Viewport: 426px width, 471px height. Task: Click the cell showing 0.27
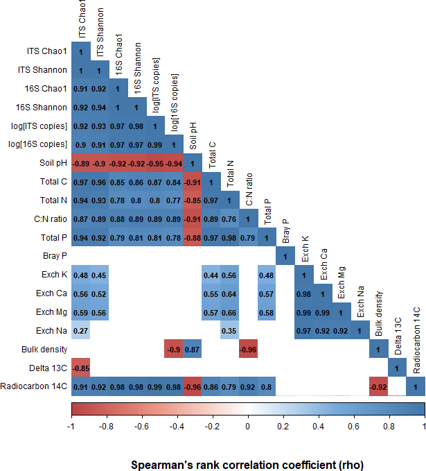(80, 331)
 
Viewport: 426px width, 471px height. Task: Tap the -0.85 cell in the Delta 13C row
(80, 368)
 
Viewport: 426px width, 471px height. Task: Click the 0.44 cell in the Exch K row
(211, 275)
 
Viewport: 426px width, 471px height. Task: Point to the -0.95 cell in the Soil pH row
(155, 164)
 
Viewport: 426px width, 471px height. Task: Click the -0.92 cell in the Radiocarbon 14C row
(378, 387)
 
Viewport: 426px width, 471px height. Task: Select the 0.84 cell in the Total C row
(174, 182)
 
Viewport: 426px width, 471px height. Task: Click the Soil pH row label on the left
(53, 164)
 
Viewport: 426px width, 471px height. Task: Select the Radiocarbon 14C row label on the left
(34, 387)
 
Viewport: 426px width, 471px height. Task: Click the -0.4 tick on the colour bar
(177, 426)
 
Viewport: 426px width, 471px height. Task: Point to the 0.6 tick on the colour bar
(354, 426)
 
